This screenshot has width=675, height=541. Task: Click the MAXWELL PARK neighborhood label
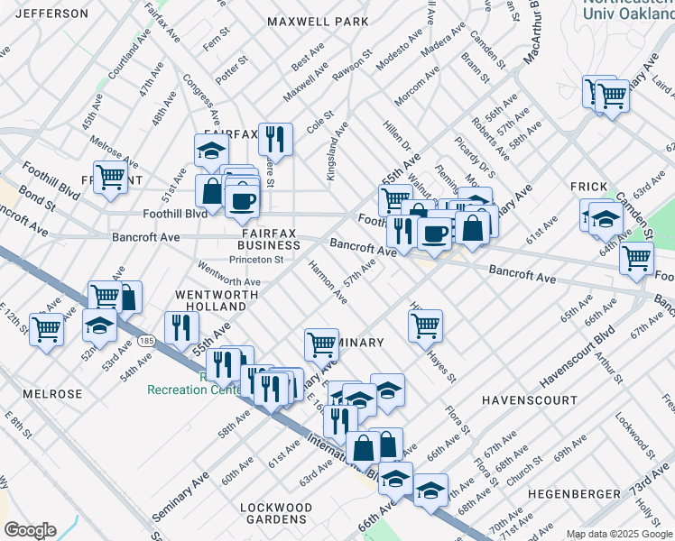(318, 21)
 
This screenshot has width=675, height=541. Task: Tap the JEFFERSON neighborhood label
(52, 14)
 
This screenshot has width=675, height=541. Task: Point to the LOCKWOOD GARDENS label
(276, 514)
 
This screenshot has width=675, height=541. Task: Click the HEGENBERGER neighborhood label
(574, 494)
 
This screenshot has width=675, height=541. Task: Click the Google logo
(31, 529)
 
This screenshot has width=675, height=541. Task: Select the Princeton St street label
(256, 260)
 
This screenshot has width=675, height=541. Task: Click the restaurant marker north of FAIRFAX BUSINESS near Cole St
(275, 139)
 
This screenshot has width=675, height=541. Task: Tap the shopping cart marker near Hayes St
(425, 325)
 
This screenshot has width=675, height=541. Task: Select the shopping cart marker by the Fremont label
(110, 176)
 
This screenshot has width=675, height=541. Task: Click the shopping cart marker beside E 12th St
(46, 328)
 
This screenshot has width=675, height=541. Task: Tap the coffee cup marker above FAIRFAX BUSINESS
(241, 199)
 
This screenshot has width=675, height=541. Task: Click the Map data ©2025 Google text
(619, 534)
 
